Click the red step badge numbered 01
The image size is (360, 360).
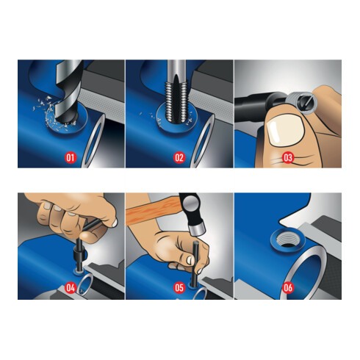click(x=71, y=157)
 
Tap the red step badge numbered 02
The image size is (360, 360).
click(x=179, y=157)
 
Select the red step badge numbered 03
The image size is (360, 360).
click(x=288, y=157)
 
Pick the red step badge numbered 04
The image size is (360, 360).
click(x=71, y=287)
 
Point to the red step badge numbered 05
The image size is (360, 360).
click(x=179, y=287)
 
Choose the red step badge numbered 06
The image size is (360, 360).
click(x=288, y=287)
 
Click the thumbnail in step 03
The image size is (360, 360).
click(x=285, y=131)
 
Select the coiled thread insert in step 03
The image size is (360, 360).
click(x=302, y=103)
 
